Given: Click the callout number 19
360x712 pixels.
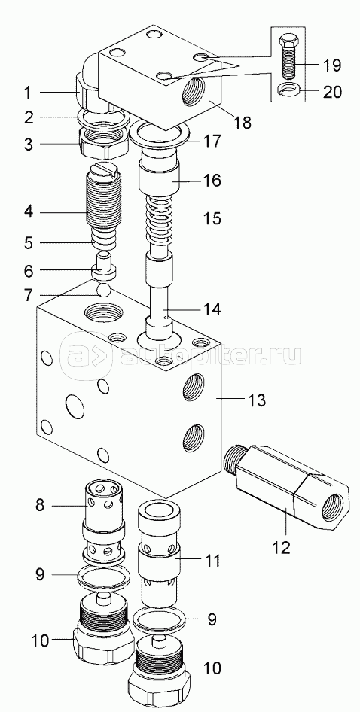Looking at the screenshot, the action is [331, 65].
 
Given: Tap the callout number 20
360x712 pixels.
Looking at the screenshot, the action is [331, 92].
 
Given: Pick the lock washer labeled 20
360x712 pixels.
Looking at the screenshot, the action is [288, 90].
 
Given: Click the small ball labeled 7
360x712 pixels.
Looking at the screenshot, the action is [105, 291].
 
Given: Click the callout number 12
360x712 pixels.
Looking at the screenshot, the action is [281, 547].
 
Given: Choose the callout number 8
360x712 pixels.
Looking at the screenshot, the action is [40, 504].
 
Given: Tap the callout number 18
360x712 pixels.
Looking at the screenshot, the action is [244, 122].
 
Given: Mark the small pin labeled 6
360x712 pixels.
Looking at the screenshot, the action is [105, 268].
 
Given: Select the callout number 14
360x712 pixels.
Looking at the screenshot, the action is [211, 309].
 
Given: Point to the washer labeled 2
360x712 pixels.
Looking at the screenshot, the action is [104, 118].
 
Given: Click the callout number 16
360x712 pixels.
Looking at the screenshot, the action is [211, 181].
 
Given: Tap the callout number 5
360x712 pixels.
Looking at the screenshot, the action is [28, 242].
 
